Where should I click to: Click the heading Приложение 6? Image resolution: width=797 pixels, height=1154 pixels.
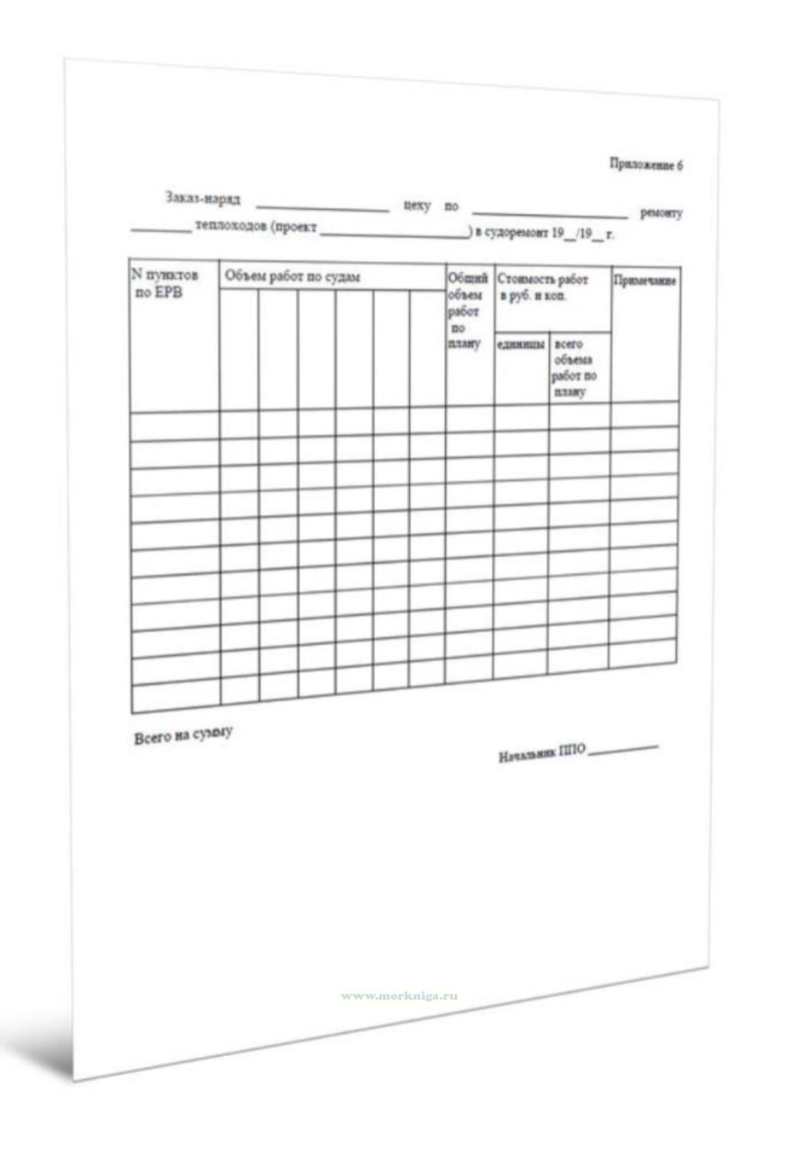(x=646, y=164)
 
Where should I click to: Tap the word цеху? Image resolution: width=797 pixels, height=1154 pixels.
(x=417, y=206)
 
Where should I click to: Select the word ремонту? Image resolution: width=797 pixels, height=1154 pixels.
(x=661, y=213)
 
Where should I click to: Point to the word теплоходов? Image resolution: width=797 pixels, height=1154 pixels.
(x=230, y=226)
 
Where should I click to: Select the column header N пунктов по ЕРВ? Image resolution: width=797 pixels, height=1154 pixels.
(x=165, y=283)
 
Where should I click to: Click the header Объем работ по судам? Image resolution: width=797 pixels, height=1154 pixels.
(x=292, y=277)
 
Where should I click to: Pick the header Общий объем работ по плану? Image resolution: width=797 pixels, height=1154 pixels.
(x=467, y=310)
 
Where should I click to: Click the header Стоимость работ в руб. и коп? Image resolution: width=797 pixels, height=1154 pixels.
(x=542, y=288)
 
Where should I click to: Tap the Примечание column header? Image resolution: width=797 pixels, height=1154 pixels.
(x=644, y=281)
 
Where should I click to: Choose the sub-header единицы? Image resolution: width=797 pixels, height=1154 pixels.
(x=520, y=344)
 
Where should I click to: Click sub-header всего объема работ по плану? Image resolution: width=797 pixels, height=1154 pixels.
(x=574, y=368)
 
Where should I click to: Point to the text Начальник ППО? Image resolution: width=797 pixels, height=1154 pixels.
(x=541, y=752)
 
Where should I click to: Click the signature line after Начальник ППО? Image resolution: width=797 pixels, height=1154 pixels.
(x=623, y=749)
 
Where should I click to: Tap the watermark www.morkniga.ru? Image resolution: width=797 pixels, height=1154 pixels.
(x=399, y=995)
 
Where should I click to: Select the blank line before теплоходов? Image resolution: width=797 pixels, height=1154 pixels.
(x=161, y=230)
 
